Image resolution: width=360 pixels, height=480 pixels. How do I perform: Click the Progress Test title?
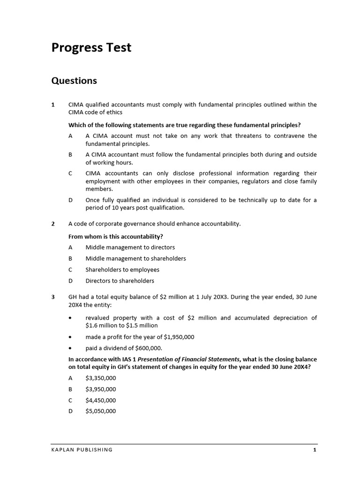click(x=91, y=48)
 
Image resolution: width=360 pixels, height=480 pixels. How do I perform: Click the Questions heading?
click(x=74, y=81)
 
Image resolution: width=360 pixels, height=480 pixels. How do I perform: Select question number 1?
click(x=53, y=105)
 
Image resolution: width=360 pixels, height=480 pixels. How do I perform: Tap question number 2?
click(x=53, y=224)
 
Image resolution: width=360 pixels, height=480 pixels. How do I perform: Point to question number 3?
click(x=53, y=297)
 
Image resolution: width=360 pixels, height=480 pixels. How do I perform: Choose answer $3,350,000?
click(x=100, y=378)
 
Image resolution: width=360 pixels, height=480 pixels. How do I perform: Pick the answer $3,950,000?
click(x=100, y=389)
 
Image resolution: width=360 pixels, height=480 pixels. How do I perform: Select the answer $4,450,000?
click(x=100, y=400)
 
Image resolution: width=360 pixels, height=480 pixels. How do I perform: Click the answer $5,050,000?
click(x=100, y=411)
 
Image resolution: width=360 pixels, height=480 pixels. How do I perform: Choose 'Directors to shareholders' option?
click(x=120, y=281)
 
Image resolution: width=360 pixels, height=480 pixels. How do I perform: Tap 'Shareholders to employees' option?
click(x=122, y=270)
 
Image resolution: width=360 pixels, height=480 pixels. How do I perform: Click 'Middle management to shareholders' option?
click(x=135, y=258)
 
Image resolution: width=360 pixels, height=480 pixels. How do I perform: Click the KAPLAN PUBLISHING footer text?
click(x=82, y=450)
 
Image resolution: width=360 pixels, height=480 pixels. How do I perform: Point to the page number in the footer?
click(x=315, y=450)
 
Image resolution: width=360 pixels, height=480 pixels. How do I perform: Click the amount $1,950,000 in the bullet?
click(x=179, y=337)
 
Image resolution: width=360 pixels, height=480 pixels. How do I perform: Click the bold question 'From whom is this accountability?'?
click(x=116, y=236)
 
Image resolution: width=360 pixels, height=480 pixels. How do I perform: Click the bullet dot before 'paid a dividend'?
click(x=70, y=348)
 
